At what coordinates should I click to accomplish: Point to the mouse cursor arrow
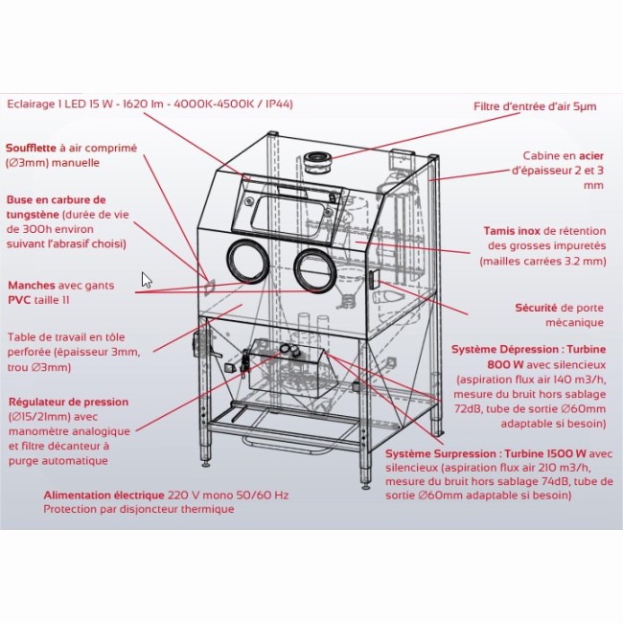click(x=147, y=280)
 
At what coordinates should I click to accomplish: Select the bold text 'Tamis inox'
click(x=512, y=231)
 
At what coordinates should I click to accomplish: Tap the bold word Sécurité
click(x=536, y=308)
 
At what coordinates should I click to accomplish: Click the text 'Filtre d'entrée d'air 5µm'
click(x=535, y=106)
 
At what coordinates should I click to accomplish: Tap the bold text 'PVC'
click(x=20, y=300)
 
